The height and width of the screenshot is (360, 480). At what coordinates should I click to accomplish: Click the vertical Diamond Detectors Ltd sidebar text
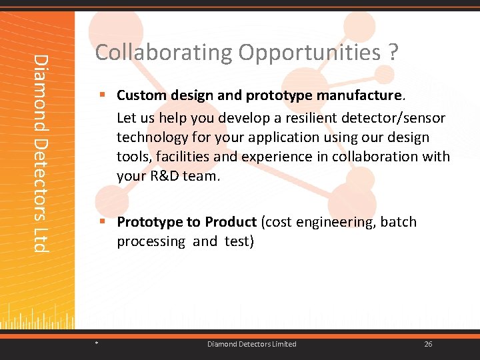pos(41,153)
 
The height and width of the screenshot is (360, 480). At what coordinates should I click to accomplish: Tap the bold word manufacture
pos(359,95)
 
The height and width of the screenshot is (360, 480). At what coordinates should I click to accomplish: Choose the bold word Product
pos(231,222)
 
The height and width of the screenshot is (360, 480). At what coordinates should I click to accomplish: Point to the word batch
pos(399,222)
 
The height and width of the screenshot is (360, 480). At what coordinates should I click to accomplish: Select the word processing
pos(151,241)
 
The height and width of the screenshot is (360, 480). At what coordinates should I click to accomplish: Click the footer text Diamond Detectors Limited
pos(251,344)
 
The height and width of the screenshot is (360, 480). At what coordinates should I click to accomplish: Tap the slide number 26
pos(428,344)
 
